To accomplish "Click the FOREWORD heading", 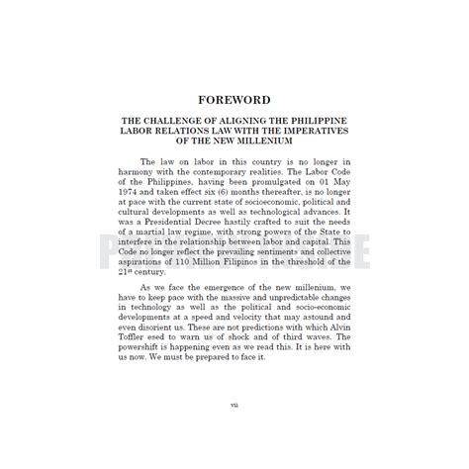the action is click(x=234, y=100).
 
